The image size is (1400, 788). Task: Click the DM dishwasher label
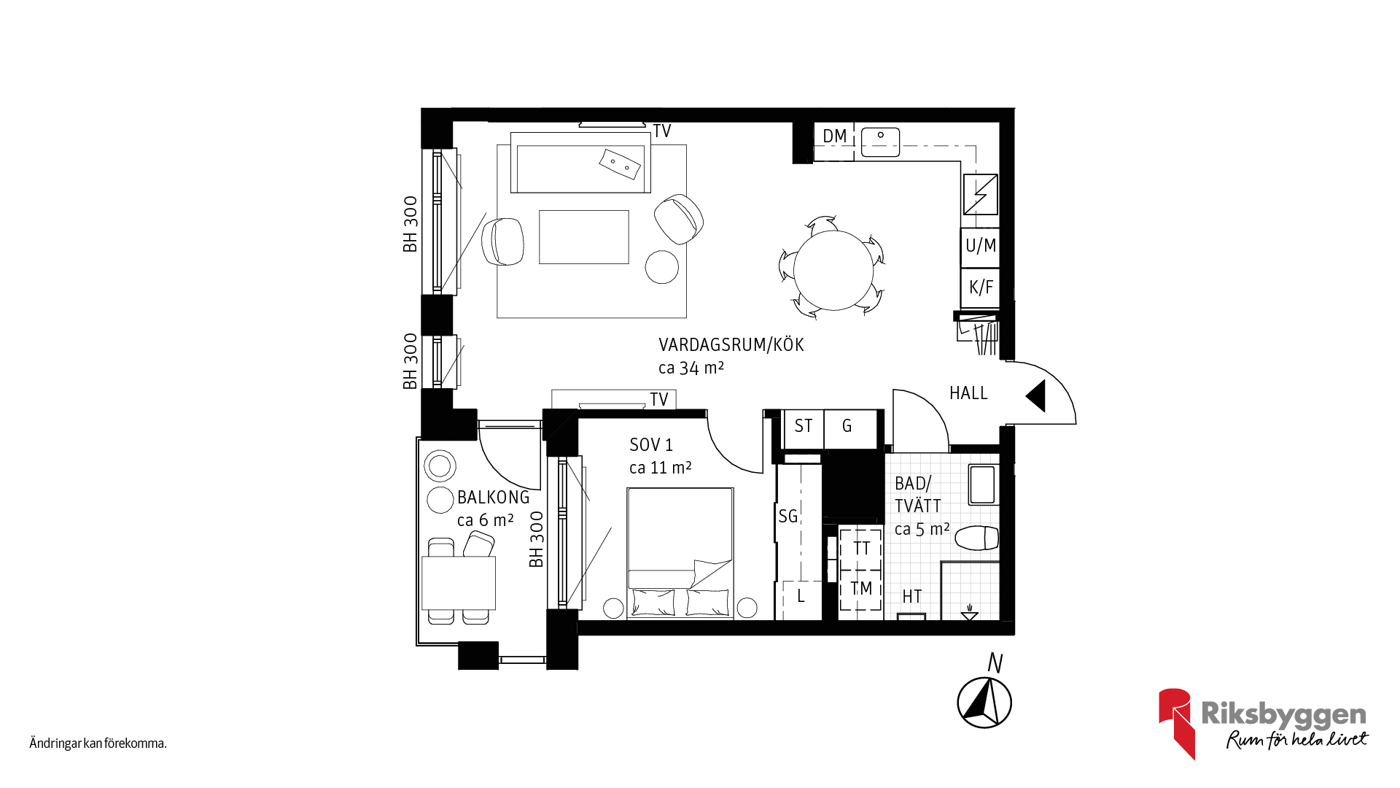(835, 136)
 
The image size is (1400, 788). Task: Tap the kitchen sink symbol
(881, 142)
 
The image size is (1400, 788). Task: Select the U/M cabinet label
(981, 246)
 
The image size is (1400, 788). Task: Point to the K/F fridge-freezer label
(981, 287)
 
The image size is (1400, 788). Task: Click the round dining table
(833, 270)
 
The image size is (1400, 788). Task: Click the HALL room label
(968, 393)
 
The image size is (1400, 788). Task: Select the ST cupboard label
(804, 426)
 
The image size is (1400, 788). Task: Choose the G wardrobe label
(847, 426)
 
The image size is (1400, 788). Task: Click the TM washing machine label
(861, 588)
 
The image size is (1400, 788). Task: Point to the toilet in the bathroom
(976, 538)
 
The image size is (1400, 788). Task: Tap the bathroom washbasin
(982, 485)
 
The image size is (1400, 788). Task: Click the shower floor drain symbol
(969, 613)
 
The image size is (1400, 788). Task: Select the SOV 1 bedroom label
(651, 445)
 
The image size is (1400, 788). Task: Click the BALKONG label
(494, 498)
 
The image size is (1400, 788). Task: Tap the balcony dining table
(459, 583)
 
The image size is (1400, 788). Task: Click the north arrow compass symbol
(984, 702)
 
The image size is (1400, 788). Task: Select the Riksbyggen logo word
(1283, 716)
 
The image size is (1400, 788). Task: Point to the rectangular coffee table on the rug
(584, 237)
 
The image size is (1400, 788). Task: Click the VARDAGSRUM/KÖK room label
(731, 344)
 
